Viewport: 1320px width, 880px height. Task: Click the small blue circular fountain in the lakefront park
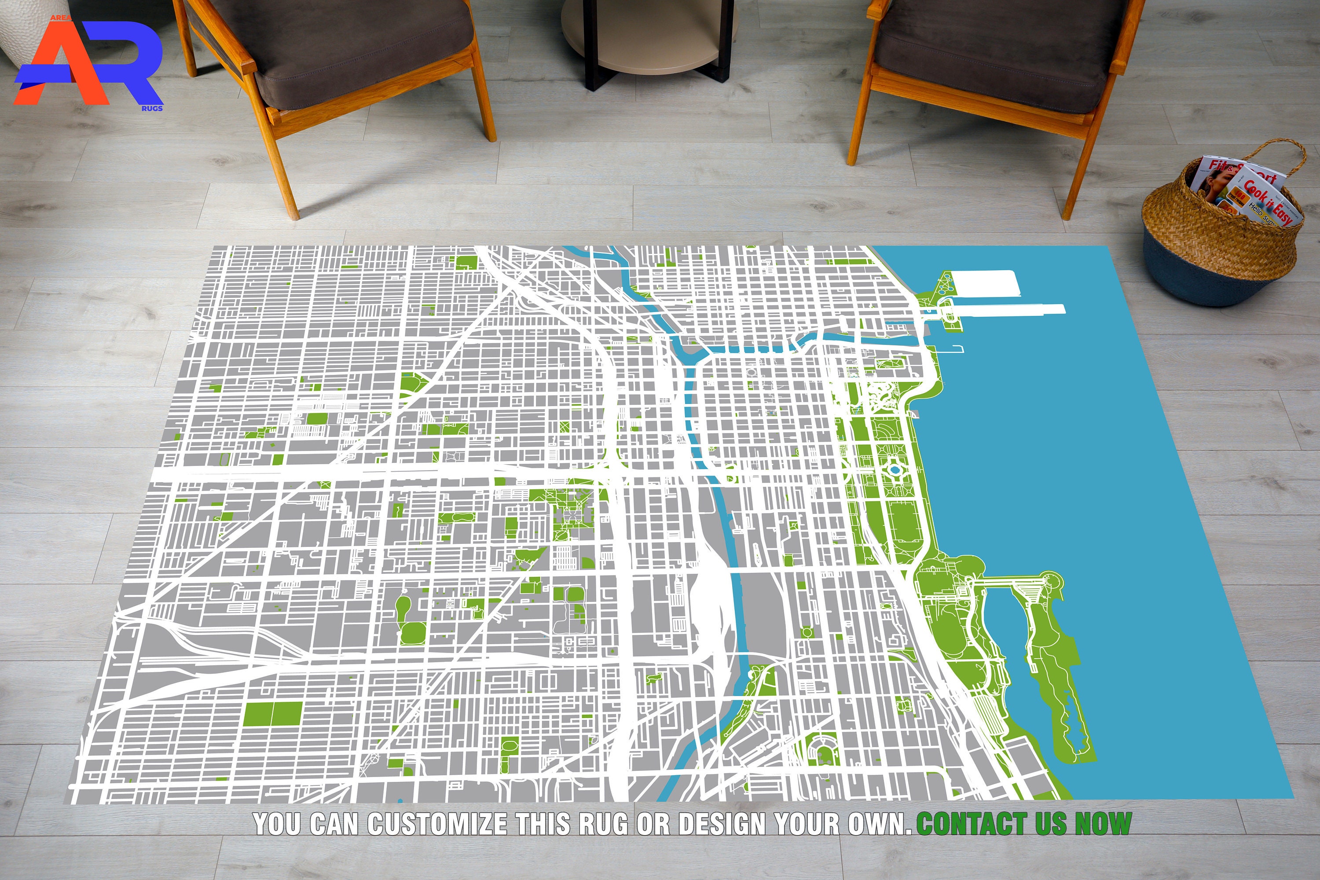[x=895, y=468]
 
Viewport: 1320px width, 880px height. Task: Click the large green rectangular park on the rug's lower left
[x=273, y=714]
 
